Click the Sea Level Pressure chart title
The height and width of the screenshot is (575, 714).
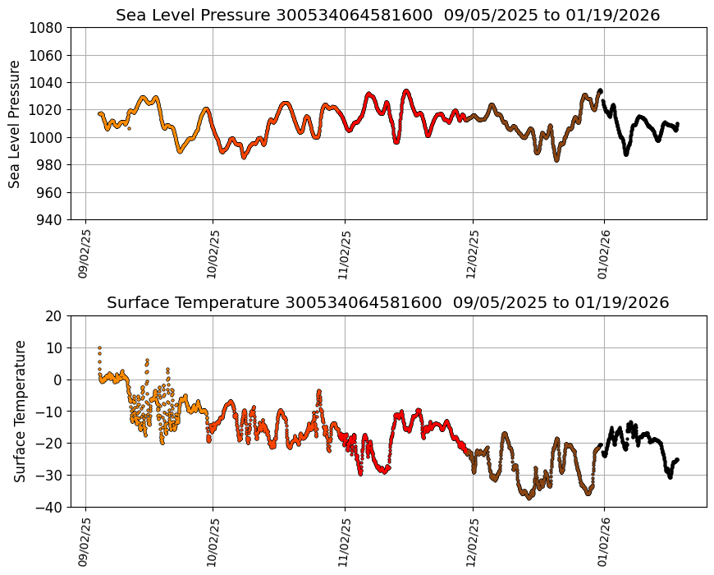[x=387, y=16]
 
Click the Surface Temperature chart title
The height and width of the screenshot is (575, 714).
[x=387, y=303]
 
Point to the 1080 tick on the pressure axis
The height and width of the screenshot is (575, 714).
[x=48, y=28]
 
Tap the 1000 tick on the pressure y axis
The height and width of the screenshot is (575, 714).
[x=48, y=138]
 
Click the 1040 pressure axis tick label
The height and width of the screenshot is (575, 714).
[x=48, y=83]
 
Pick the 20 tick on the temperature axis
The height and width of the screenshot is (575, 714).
[x=55, y=316]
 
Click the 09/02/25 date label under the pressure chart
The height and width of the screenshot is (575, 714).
[x=85, y=254]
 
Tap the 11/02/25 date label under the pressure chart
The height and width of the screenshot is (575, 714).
[x=345, y=254]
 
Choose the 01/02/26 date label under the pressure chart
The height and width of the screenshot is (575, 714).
[x=604, y=254]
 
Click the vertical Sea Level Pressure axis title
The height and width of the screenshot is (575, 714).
[x=15, y=124]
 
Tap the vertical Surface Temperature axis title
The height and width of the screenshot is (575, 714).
[x=20, y=411]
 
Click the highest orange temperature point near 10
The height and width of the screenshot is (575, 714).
[x=99, y=348]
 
